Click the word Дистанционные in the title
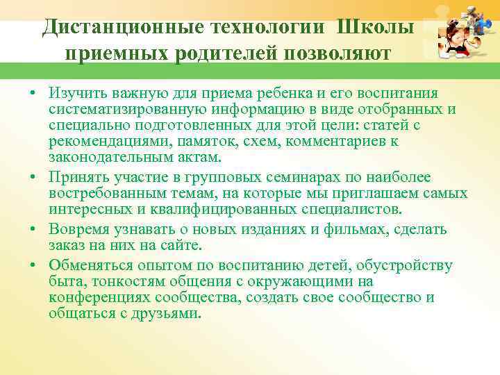(114, 27)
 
